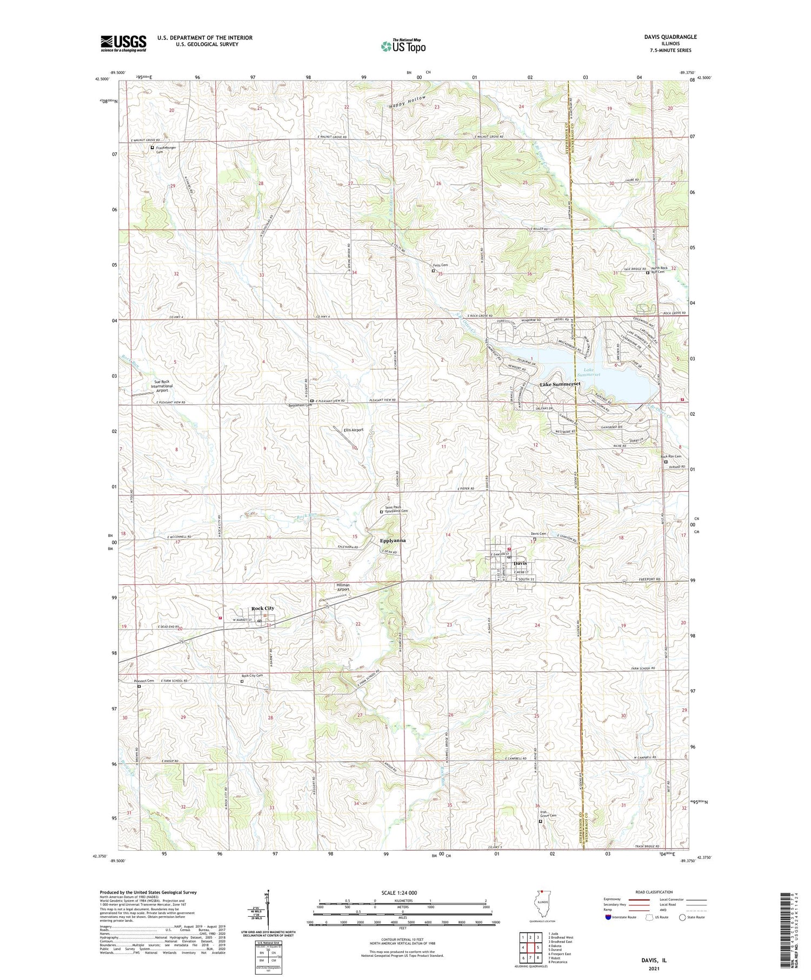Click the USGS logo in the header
point(123,43)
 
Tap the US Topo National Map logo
point(403,46)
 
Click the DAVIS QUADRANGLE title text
point(670,37)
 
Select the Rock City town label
point(262,608)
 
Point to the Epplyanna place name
point(393,540)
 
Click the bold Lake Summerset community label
point(560,384)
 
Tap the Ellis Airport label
point(353,430)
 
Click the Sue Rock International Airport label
point(162,386)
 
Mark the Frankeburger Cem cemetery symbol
point(152,147)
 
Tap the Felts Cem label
point(440,265)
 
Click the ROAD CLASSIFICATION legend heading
point(654,892)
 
